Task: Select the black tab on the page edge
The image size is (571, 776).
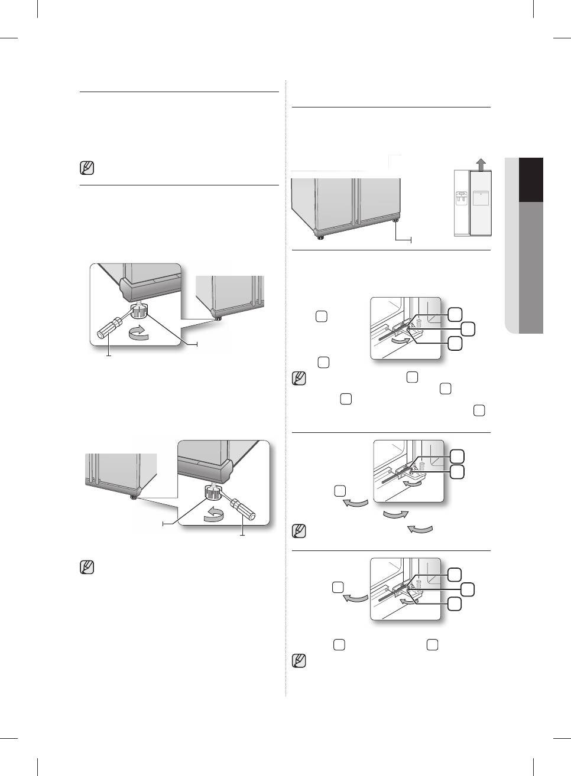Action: [x=531, y=180]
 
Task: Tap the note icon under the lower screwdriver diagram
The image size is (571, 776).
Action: [x=86, y=568]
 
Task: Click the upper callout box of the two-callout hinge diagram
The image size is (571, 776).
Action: [x=456, y=455]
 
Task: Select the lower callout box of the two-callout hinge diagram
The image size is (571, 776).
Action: [x=456, y=471]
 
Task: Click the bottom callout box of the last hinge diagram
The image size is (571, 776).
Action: [x=455, y=604]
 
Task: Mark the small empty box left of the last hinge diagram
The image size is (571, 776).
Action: [x=338, y=587]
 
